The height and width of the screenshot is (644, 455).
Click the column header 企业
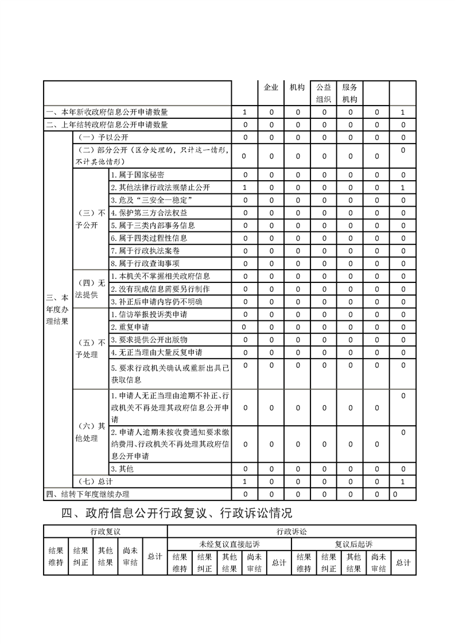pos(271,88)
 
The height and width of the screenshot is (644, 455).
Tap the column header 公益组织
pos(324,93)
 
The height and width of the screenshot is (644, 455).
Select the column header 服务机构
pos(349,93)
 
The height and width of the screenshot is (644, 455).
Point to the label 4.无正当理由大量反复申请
pos(160,352)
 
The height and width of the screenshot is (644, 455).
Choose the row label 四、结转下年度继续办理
pos(88,494)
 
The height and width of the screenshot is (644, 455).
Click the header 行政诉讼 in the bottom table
pos(291,532)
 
